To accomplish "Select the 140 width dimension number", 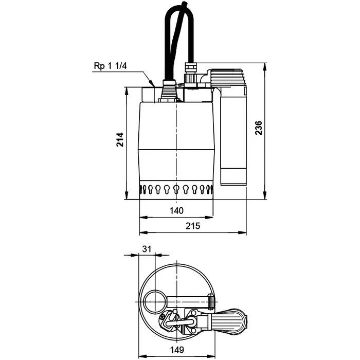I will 176,210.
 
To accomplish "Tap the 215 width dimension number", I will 193,226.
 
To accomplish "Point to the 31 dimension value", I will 147,248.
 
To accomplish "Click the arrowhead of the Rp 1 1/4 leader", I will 152,84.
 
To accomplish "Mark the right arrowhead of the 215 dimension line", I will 244,233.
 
